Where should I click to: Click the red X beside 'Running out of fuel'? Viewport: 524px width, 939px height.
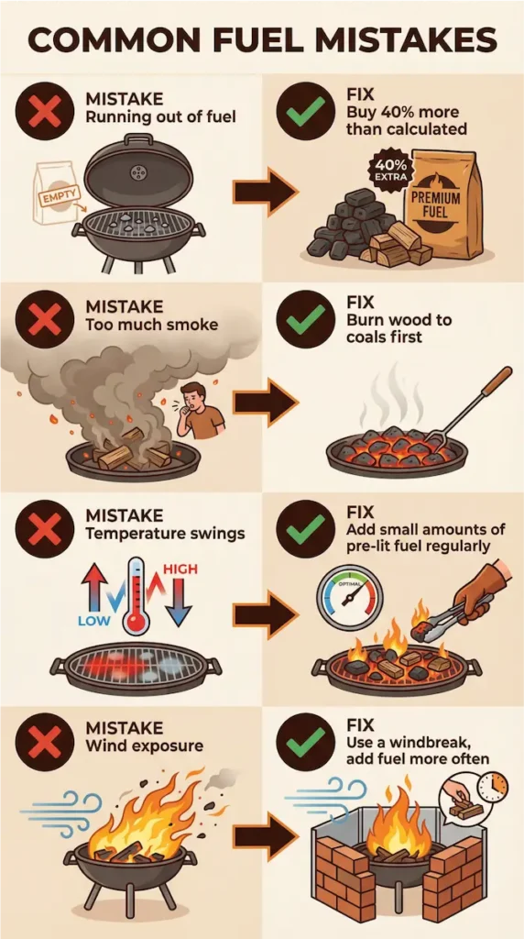40,110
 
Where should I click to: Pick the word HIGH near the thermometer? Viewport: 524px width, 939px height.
180,569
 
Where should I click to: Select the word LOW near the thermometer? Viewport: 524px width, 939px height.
94,621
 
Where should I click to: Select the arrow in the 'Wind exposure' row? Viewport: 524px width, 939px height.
265,835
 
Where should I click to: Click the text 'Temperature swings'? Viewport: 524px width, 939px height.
165,533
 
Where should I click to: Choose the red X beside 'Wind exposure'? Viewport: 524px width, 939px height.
40,743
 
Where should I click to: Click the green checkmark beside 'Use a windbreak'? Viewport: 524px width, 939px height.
305,743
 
